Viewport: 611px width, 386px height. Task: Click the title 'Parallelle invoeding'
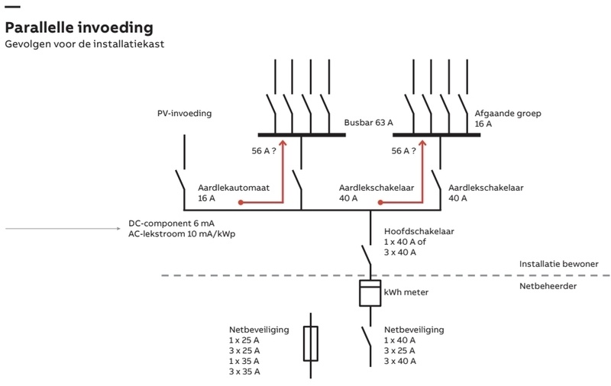pos(79,27)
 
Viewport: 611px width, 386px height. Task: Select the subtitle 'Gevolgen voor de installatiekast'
pos(85,44)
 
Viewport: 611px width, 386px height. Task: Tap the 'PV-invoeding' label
pos(184,114)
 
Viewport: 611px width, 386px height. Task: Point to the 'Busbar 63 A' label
pos(368,122)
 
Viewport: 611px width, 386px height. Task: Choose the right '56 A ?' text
pos(404,151)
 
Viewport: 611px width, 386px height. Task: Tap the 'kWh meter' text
pos(406,293)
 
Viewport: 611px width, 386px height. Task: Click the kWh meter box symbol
pos(370,293)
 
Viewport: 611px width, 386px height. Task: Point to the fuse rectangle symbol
pos(311,343)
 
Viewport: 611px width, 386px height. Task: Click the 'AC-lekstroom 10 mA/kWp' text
pos(182,234)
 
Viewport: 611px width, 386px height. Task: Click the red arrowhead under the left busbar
pos(283,144)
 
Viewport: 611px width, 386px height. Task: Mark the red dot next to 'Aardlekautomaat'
pos(241,203)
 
